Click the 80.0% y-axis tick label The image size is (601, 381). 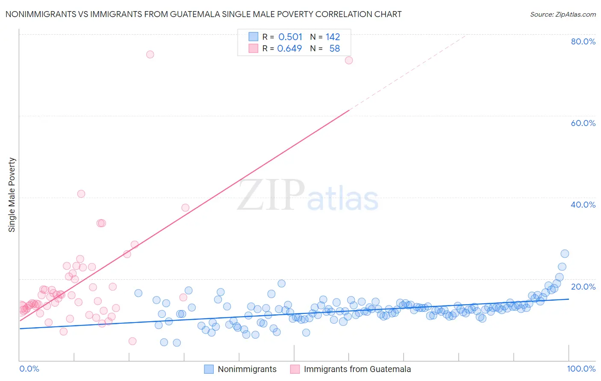(x=583, y=41)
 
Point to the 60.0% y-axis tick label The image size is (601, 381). (x=583, y=123)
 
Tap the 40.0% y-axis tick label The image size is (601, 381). (x=583, y=205)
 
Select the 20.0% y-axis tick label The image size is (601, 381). (x=583, y=287)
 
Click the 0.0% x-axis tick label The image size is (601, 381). (x=29, y=369)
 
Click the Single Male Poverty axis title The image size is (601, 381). (x=12, y=195)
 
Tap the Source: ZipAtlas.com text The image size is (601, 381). (x=563, y=14)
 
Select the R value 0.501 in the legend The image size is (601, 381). (x=290, y=37)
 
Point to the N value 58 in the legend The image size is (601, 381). (x=334, y=49)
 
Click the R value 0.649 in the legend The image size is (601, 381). (x=289, y=49)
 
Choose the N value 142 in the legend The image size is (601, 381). (x=333, y=37)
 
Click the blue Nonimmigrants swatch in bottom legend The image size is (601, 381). (x=209, y=369)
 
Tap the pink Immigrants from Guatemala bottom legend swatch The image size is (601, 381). (x=295, y=369)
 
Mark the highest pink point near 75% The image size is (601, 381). (x=150, y=54)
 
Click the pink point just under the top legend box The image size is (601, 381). (x=349, y=60)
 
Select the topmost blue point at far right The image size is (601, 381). (x=565, y=254)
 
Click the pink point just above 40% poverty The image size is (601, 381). (x=81, y=193)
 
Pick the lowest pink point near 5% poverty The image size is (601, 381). (x=133, y=341)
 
